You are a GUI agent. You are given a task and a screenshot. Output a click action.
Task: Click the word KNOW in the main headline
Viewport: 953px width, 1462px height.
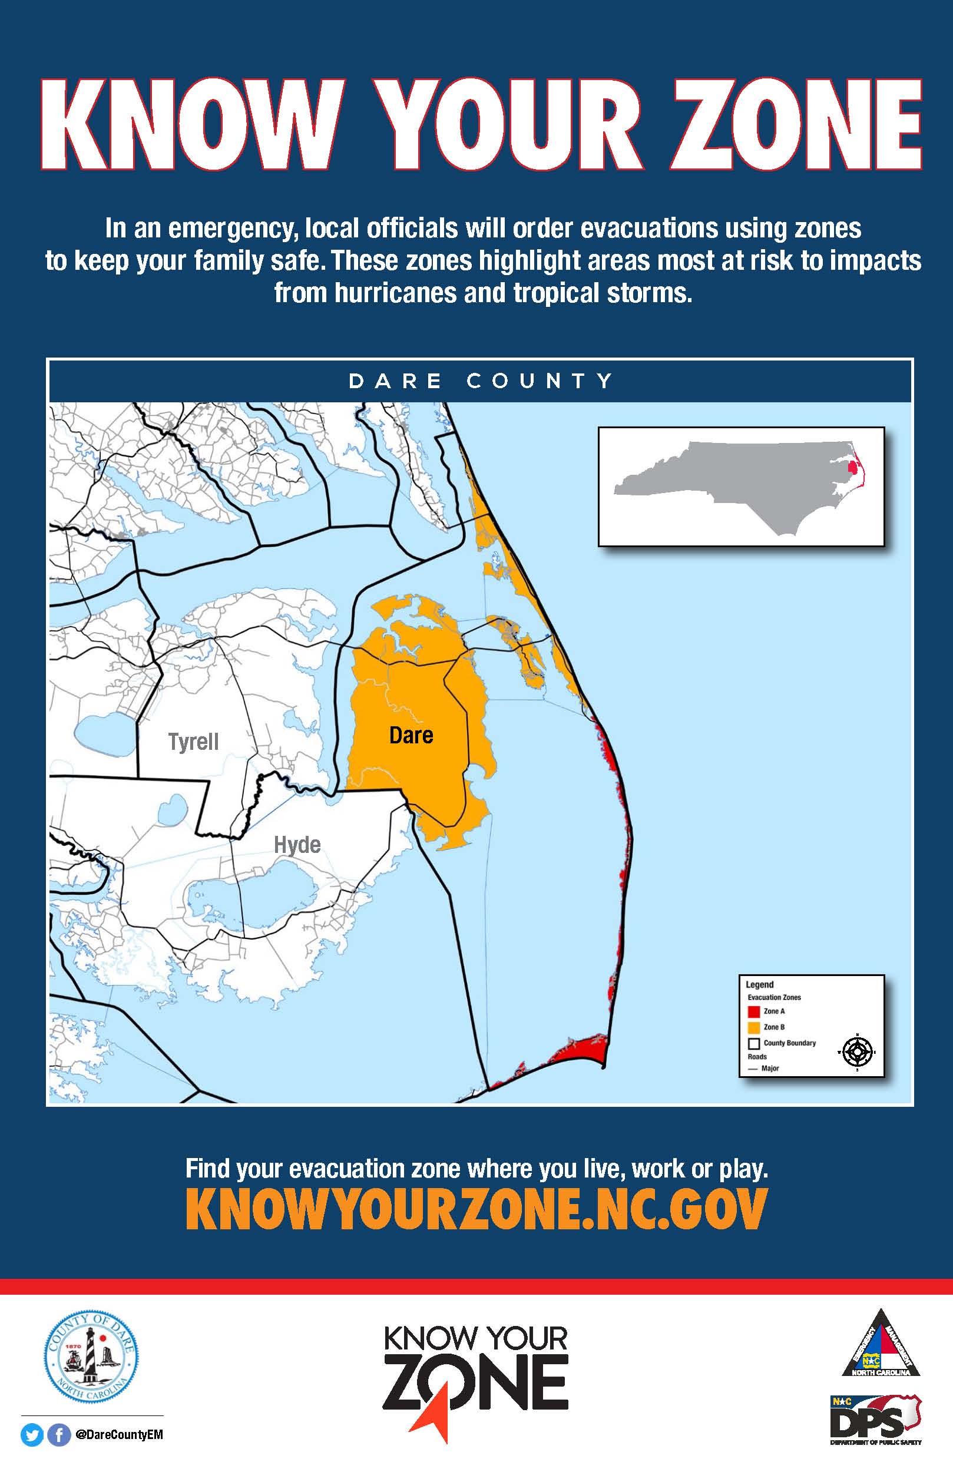[191, 124]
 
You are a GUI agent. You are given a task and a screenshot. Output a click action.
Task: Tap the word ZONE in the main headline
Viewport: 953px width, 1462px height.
[796, 124]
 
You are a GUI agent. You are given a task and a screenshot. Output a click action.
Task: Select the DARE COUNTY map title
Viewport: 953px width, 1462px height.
[481, 381]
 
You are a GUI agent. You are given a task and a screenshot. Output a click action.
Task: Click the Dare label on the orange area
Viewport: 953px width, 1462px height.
[411, 735]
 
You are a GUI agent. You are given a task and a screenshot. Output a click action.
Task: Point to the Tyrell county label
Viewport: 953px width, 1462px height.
[193, 742]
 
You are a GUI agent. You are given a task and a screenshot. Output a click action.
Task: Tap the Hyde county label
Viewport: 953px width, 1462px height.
[297, 845]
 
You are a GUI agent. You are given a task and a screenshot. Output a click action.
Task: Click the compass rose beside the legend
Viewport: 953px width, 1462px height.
[856, 1052]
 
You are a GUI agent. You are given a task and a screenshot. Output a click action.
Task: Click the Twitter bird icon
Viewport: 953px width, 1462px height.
[32, 1435]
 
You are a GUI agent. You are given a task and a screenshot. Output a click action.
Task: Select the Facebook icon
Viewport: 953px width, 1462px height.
[59, 1435]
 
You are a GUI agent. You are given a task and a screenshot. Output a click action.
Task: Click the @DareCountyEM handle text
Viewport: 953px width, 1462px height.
[119, 1435]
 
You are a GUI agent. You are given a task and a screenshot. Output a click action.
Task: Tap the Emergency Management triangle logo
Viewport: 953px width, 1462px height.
[881, 1345]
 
